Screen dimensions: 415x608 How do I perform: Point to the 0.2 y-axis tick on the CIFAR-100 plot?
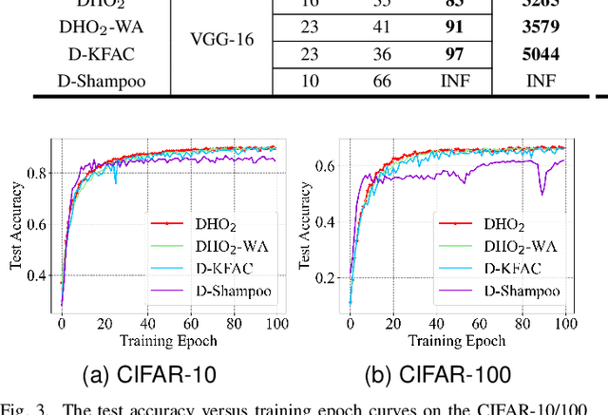[x=330, y=278]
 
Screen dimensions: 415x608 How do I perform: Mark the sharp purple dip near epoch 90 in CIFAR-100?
[x=542, y=194]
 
